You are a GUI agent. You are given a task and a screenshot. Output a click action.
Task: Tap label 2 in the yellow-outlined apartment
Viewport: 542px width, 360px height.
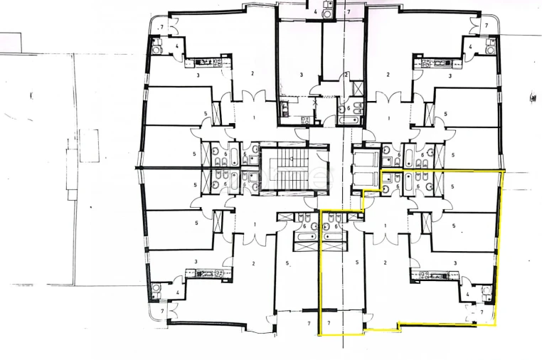(x=385, y=263)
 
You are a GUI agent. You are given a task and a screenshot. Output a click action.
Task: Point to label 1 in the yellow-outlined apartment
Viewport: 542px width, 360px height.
(x=385, y=226)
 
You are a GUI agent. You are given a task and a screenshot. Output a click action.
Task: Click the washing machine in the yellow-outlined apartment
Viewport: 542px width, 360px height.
(x=488, y=290)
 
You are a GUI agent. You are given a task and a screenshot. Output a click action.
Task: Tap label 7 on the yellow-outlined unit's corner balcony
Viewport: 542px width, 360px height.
(x=482, y=312)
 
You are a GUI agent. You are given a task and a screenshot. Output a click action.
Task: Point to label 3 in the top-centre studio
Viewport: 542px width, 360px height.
(x=302, y=74)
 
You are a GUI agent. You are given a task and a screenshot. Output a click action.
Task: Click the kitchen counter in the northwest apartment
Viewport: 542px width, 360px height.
(x=208, y=63)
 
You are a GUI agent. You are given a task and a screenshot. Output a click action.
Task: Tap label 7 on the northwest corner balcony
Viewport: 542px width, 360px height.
(x=162, y=26)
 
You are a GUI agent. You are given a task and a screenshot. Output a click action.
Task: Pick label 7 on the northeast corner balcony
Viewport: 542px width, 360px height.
(x=487, y=26)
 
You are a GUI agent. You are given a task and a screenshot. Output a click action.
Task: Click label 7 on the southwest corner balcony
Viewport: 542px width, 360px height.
(x=162, y=312)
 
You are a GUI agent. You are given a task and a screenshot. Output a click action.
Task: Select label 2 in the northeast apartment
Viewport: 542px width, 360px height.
(x=388, y=74)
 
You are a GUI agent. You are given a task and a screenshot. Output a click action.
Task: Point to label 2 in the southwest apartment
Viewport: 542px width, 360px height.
(x=253, y=263)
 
